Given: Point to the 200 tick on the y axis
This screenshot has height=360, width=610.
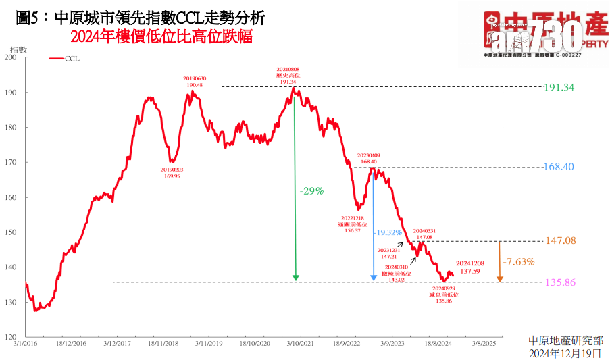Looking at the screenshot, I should [x=11, y=57].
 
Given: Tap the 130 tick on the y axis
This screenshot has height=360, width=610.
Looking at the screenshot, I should [x=11, y=302].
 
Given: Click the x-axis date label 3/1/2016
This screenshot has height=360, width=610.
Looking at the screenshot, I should [x=26, y=343].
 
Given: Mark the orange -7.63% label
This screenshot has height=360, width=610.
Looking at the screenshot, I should [x=518, y=261].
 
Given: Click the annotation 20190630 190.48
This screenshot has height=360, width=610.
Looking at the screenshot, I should [x=195, y=82].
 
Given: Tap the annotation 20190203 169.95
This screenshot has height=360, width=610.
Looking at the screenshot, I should [x=171, y=172].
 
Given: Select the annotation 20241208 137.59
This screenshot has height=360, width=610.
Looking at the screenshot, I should [x=470, y=267].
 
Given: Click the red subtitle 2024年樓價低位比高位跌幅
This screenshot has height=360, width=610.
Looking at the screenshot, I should [x=161, y=37].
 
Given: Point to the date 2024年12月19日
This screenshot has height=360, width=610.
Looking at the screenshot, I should [x=565, y=353].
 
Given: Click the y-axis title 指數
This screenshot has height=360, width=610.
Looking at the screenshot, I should [x=19, y=49].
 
